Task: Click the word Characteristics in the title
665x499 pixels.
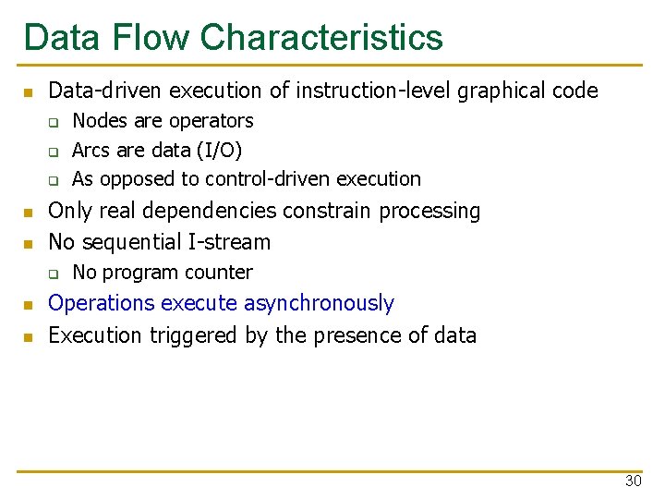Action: [x=320, y=38]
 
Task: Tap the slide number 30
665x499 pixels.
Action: [x=633, y=481]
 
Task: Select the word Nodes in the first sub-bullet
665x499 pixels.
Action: [x=99, y=121]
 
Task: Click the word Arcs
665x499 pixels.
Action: [x=91, y=150]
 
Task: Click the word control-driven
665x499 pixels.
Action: [x=269, y=178]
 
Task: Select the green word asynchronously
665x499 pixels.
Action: [x=323, y=303]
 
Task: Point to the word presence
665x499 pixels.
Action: [x=357, y=335]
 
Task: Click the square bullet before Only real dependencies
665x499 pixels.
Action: [x=29, y=213]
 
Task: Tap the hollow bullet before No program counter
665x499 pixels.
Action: [x=54, y=274]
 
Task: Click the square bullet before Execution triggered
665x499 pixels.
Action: [x=29, y=336]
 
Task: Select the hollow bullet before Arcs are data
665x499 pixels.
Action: [x=54, y=151]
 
